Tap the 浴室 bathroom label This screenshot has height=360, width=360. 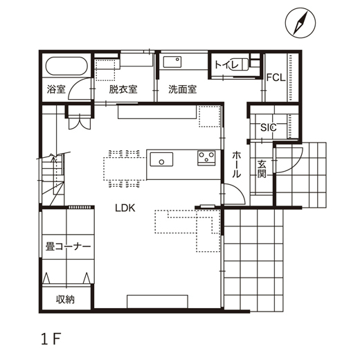point(56,89)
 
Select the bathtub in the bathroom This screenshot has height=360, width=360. point(66,69)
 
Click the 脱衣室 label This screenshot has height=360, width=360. point(123,89)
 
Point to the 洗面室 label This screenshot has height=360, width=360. point(183,89)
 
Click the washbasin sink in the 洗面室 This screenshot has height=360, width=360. point(172,62)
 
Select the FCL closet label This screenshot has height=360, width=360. point(276,78)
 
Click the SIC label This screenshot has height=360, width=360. point(268,127)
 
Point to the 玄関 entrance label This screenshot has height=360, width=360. point(263,169)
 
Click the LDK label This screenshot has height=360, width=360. point(125,207)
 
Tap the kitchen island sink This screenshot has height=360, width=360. point(161,159)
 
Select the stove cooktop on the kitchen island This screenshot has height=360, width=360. point(206,159)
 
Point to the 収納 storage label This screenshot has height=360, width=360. point(66,299)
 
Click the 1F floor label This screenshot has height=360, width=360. point(51,339)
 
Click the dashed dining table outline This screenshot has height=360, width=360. point(125,167)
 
